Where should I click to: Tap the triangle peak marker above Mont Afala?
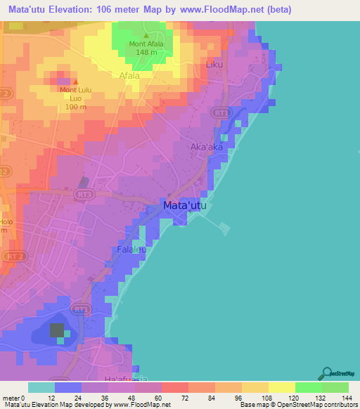[146, 35]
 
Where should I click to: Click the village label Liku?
[214, 65]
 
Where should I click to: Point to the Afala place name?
[129, 75]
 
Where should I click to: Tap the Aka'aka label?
[207, 148]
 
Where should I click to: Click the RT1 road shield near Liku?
[222, 112]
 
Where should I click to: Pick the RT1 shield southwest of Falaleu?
[81, 308]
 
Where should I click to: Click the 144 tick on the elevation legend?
[345, 398]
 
